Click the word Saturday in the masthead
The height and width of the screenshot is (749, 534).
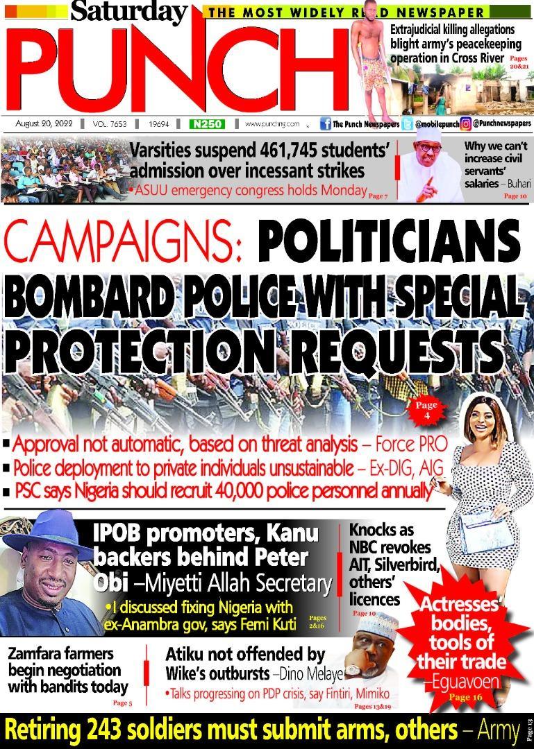pos(128,12)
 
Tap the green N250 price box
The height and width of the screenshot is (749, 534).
pos(207,124)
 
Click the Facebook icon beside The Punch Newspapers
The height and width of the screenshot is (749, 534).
pos(325,124)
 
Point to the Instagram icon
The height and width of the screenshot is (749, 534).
pos(467,124)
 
